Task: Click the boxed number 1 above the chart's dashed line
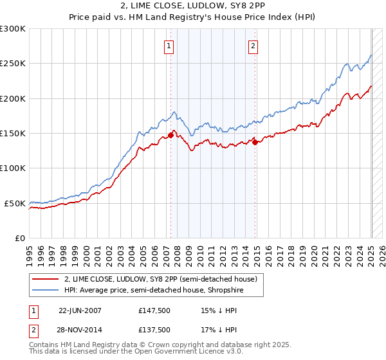click(169, 46)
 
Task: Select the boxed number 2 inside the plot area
click(253, 46)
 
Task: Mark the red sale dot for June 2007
click(171, 135)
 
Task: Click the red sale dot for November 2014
click(255, 142)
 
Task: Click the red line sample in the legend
click(46, 279)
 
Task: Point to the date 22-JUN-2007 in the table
click(80, 310)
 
